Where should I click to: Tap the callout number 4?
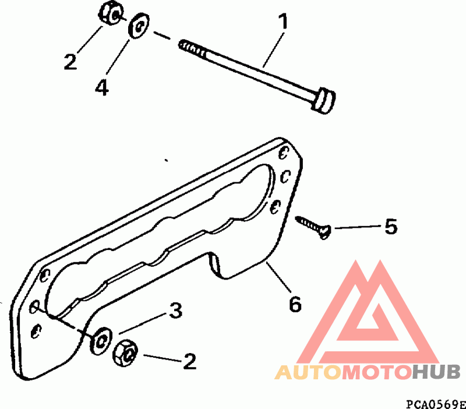pos(102,87)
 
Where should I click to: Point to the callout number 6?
pos(295,304)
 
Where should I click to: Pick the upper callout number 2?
pos(70,62)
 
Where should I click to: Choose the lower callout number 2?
pos(189,362)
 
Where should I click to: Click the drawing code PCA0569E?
pos(435,403)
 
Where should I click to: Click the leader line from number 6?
pos(278,278)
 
